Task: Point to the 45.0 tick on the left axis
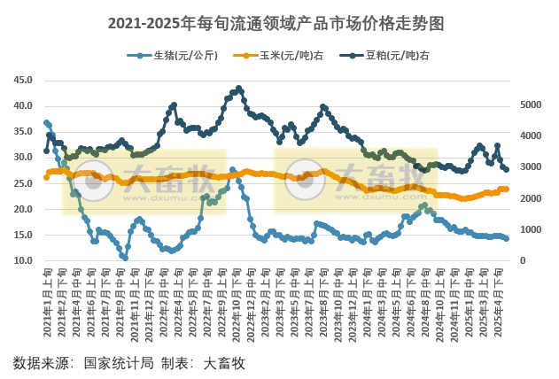pos(24,80)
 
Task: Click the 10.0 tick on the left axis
pos(24,261)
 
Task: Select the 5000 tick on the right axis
pos(530,104)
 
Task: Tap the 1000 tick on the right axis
pos(530,230)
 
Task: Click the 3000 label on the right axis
pos(530,167)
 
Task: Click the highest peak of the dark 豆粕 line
pos(239,89)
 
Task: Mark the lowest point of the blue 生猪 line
pos(125,258)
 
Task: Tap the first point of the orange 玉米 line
pos(46,177)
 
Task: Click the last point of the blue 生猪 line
pos(507,238)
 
